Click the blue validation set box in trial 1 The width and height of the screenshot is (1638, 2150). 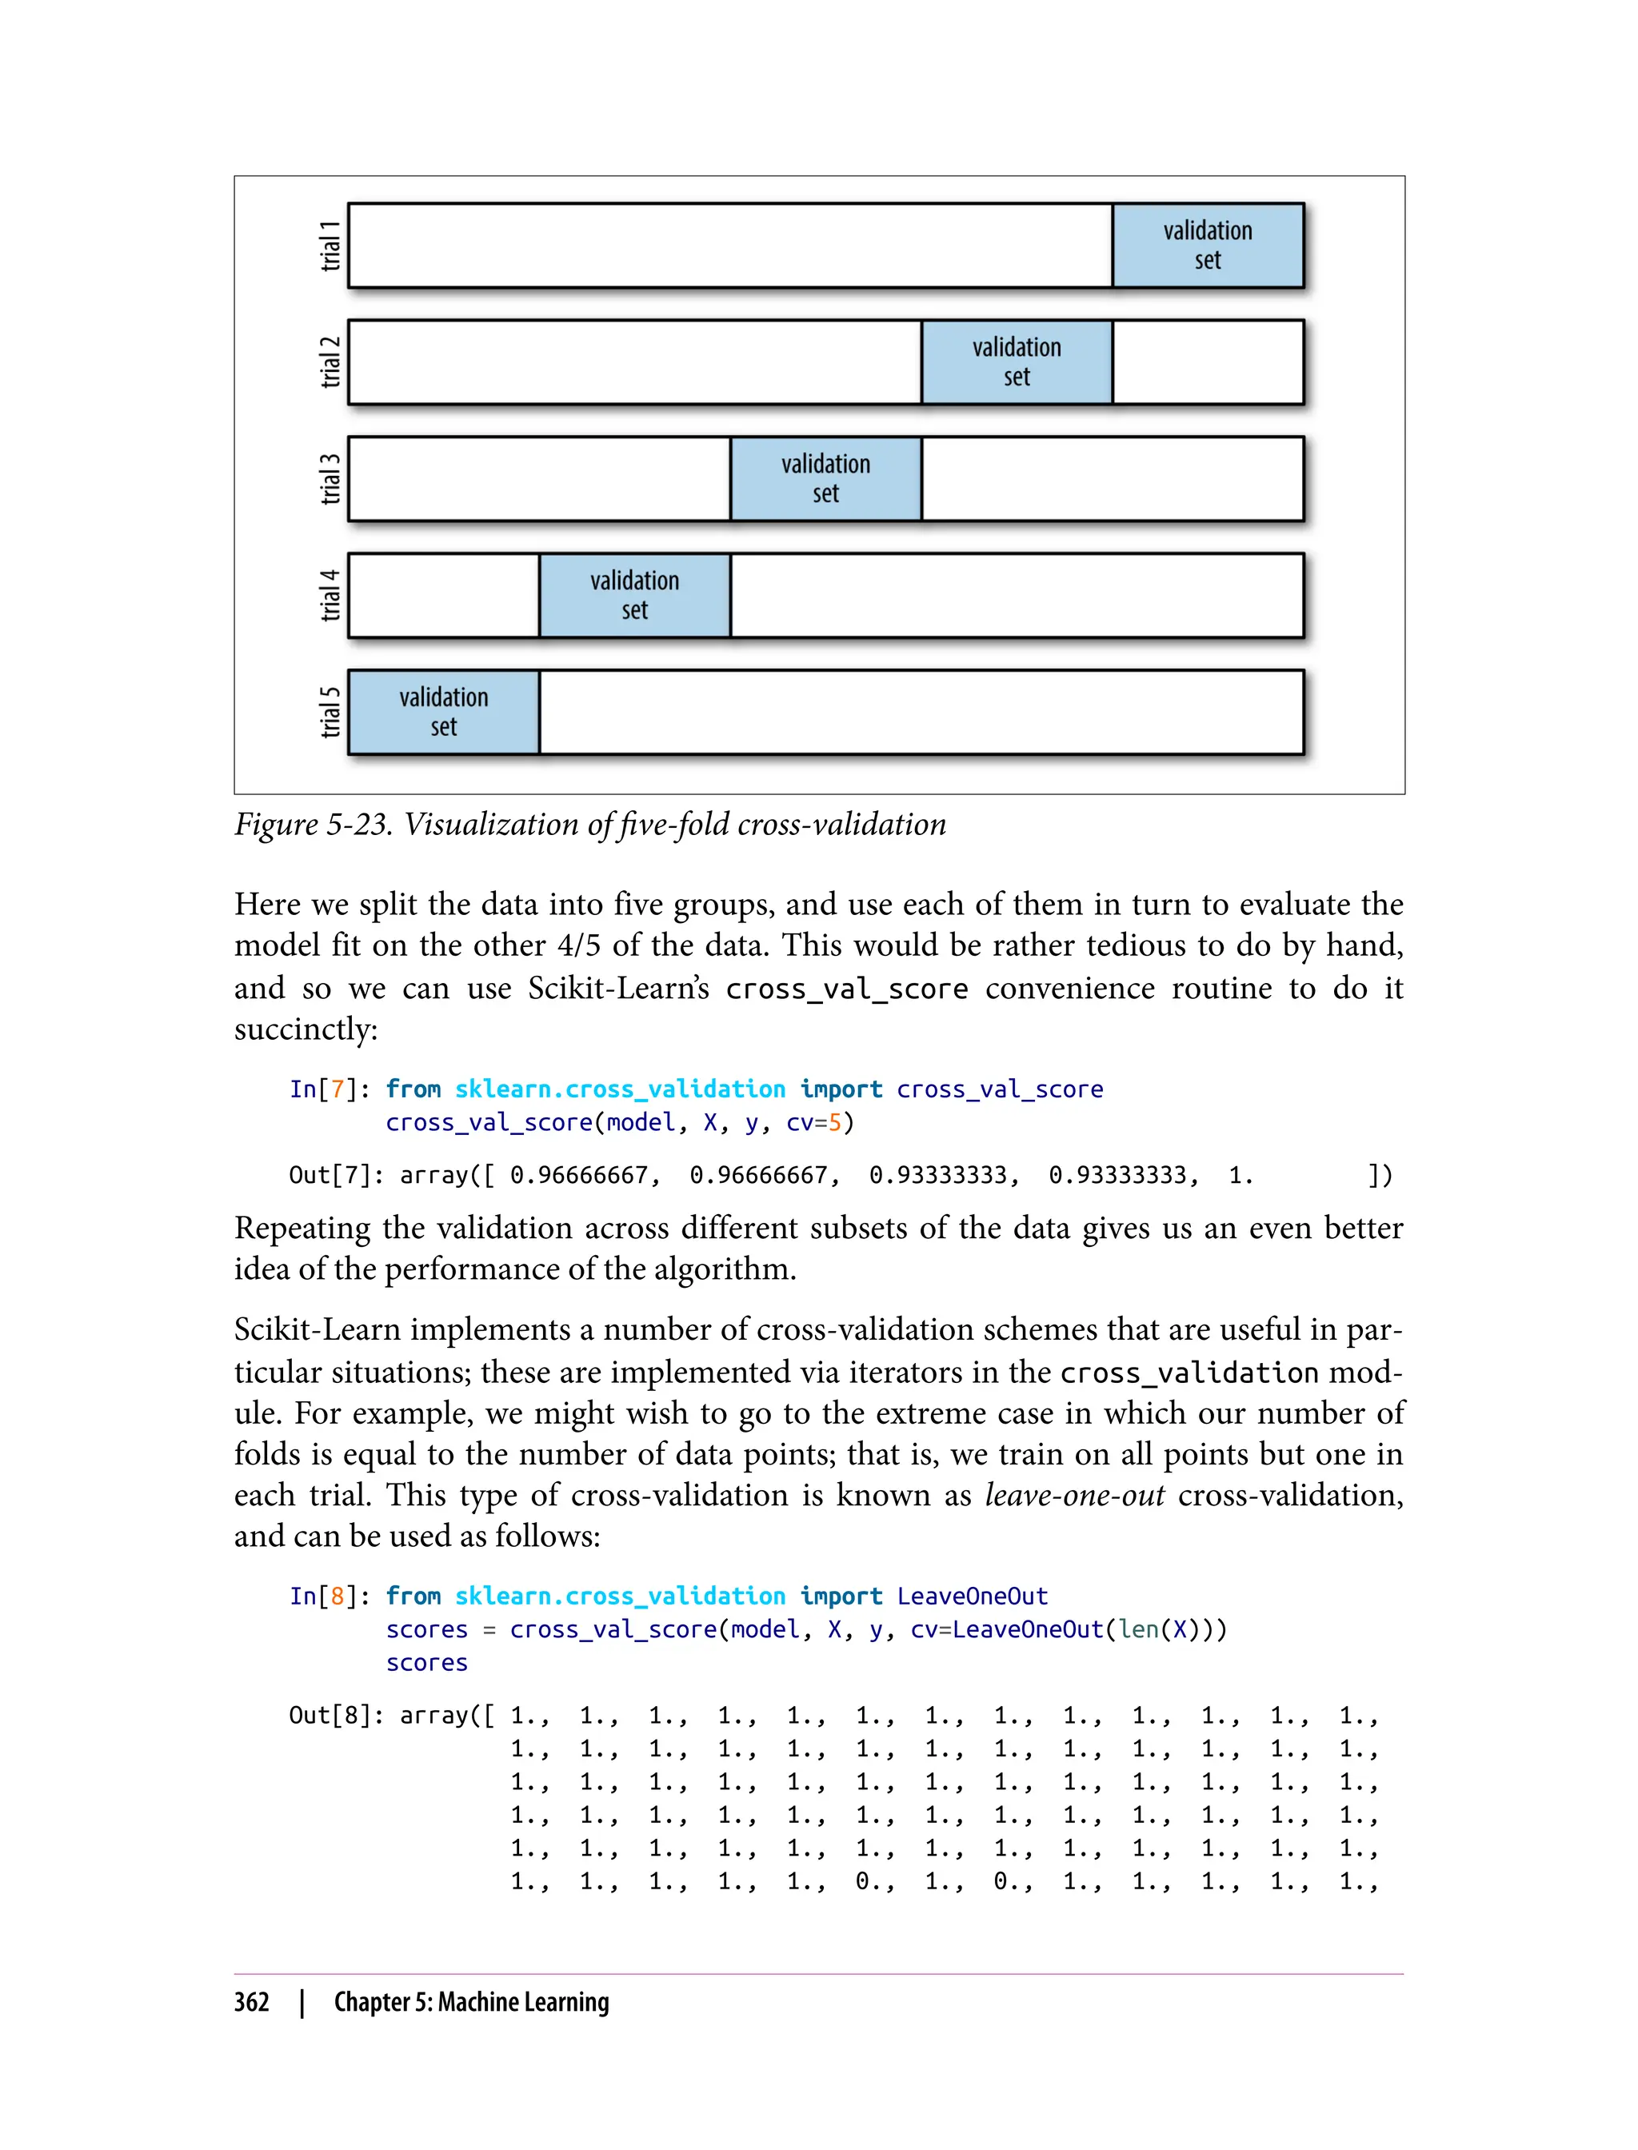click(x=1207, y=245)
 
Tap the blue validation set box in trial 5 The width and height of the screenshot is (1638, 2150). click(x=444, y=712)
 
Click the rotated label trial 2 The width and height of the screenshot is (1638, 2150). click(x=331, y=362)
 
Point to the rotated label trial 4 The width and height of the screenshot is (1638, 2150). click(x=331, y=595)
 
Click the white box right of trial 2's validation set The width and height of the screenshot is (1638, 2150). click(x=1207, y=362)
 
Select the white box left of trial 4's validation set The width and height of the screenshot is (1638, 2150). click(x=444, y=595)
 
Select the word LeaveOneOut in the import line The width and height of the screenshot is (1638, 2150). click(x=972, y=1597)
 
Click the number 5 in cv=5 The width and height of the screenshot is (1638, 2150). click(x=835, y=1123)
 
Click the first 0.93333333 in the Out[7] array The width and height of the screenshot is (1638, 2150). click(x=943, y=1176)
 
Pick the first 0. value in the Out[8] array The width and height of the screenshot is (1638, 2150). click(x=871, y=1882)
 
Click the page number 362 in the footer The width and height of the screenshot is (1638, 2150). click(x=252, y=2003)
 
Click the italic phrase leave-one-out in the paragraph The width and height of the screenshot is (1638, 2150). click(x=1074, y=1495)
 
